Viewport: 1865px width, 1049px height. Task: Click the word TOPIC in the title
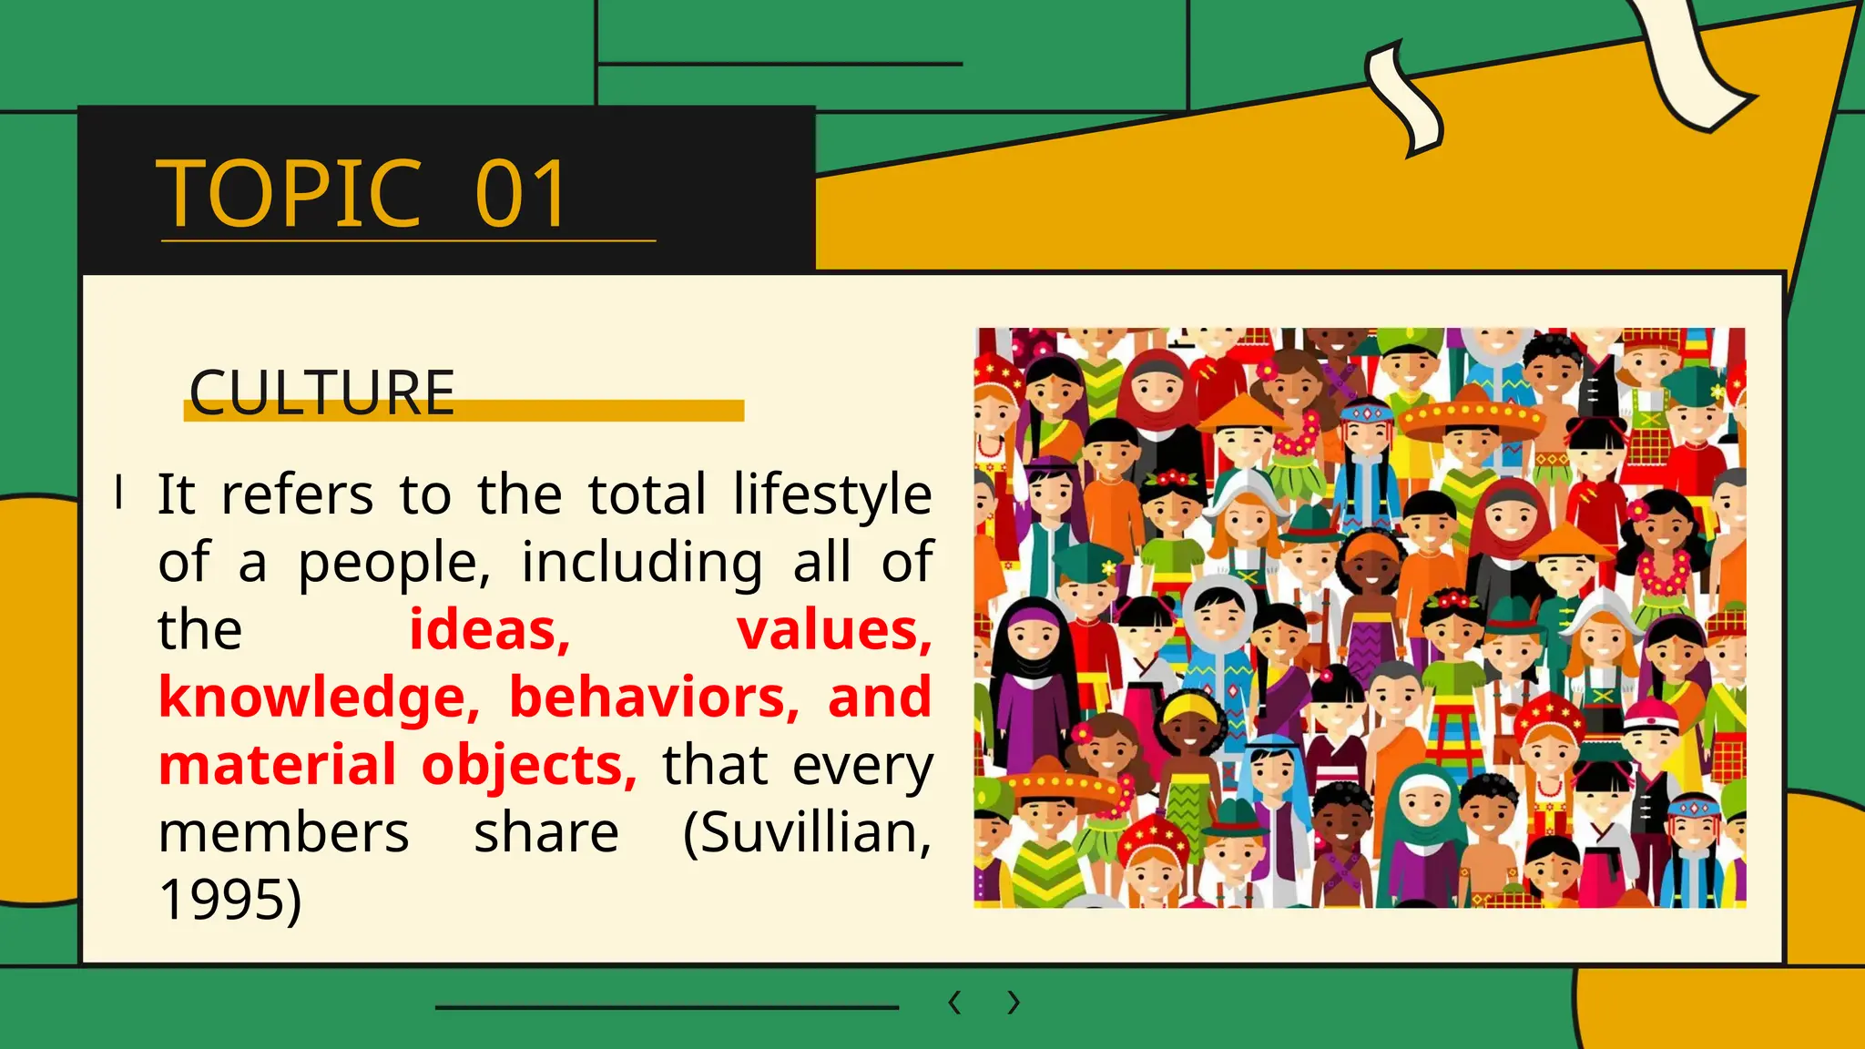289,194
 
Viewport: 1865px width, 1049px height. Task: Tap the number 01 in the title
522,194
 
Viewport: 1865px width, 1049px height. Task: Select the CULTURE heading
321,393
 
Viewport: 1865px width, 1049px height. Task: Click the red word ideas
489,629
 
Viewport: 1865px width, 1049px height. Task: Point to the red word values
834,629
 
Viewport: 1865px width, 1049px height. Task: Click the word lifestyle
832,494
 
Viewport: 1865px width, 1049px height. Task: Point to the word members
283,832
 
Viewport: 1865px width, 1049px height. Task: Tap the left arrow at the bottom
954,1003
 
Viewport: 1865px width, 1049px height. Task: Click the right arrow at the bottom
1014,1003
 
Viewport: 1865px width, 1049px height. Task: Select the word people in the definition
393,562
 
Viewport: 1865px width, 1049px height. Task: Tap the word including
642,562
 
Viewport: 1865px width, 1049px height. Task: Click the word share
546,832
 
